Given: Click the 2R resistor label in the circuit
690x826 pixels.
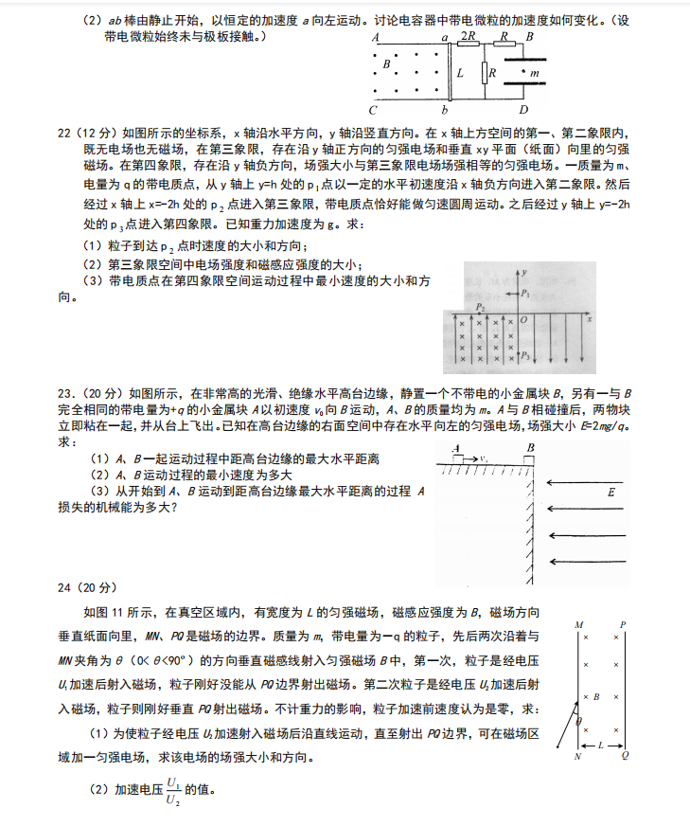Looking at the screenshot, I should point(467,36).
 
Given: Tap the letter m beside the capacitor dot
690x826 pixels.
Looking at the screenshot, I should point(535,73).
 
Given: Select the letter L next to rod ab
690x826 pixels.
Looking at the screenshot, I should point(460,73).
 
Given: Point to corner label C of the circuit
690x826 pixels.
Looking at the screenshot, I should point(375,109).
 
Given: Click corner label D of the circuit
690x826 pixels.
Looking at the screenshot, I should point(523,109).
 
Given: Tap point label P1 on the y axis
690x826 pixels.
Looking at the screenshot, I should point(525,295).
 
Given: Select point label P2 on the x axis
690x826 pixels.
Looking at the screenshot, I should point(481,309).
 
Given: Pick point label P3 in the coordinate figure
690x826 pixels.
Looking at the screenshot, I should point(526,356).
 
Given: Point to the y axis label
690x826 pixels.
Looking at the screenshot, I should point(523,272).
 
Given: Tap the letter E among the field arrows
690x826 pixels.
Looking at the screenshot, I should point(610,493).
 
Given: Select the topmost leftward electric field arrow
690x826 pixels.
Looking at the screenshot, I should point(588,482).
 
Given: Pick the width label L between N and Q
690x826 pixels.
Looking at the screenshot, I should point(601,745).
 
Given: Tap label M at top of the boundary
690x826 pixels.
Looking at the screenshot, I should point(577,625).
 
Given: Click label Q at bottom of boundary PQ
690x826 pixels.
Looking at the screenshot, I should point(624,756).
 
